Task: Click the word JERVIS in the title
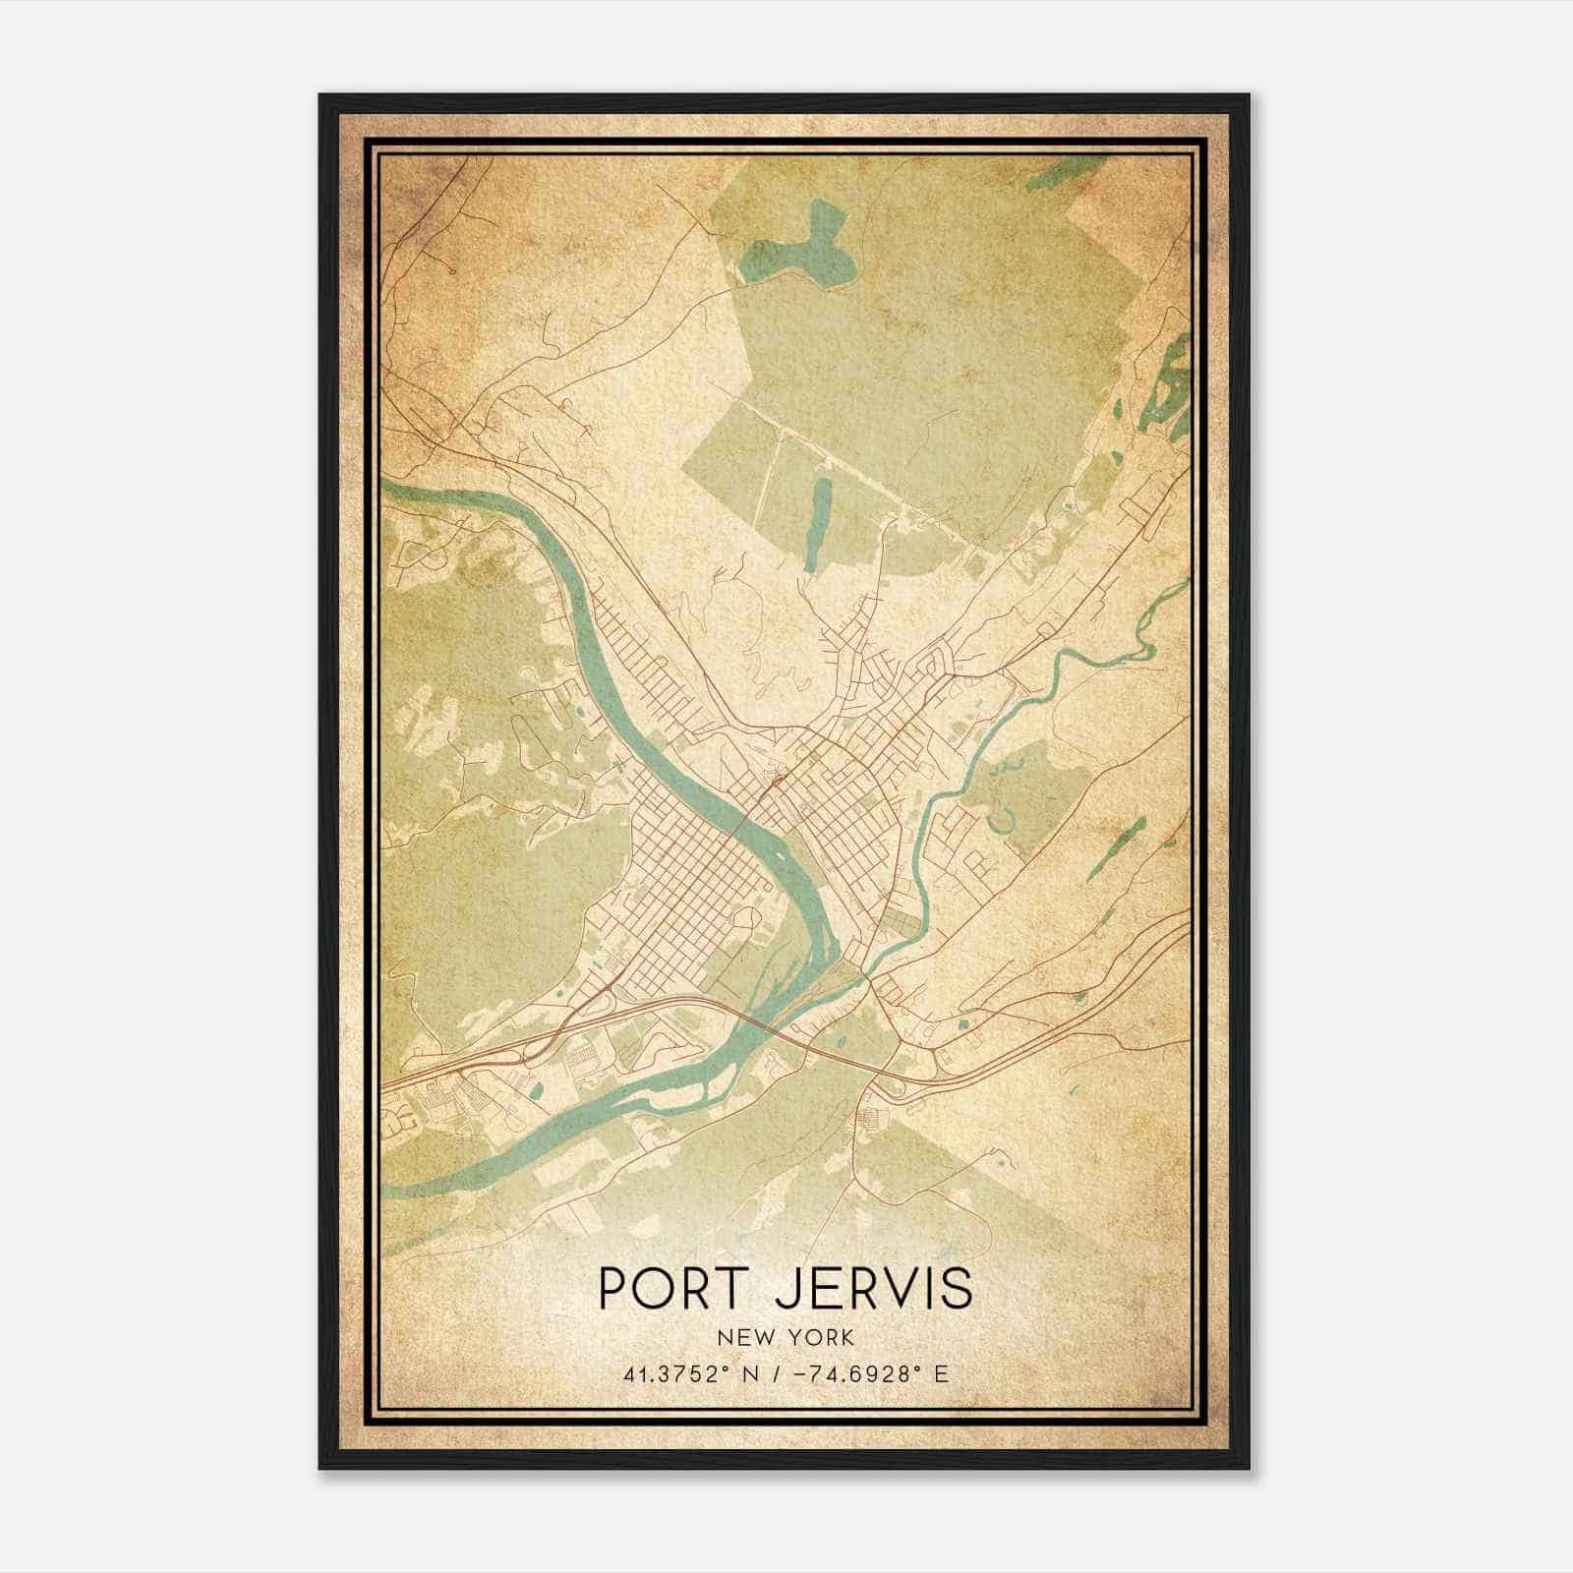coord(874,1287)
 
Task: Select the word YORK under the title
coord(822,1337)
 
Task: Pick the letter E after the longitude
coord(941,1374)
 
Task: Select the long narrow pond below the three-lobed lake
coord(817,521)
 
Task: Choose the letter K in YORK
coord(846,1337)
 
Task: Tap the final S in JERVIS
coord(958,1287)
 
